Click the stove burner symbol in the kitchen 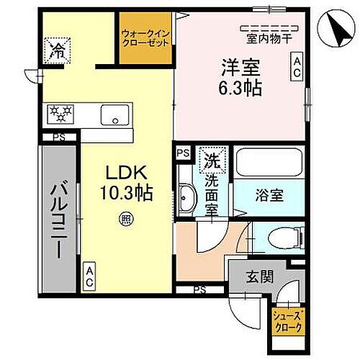pos(61,113)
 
